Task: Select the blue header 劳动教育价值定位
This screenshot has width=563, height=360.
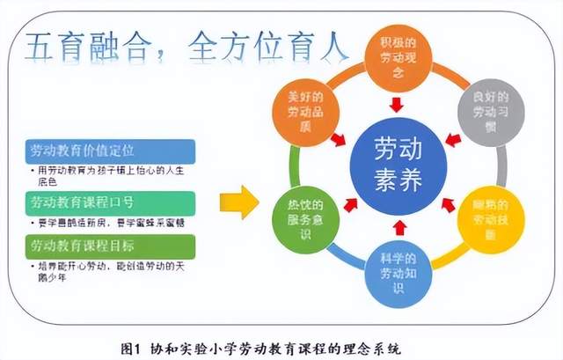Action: [84, 151]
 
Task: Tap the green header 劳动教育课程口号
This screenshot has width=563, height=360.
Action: [84, 204]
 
